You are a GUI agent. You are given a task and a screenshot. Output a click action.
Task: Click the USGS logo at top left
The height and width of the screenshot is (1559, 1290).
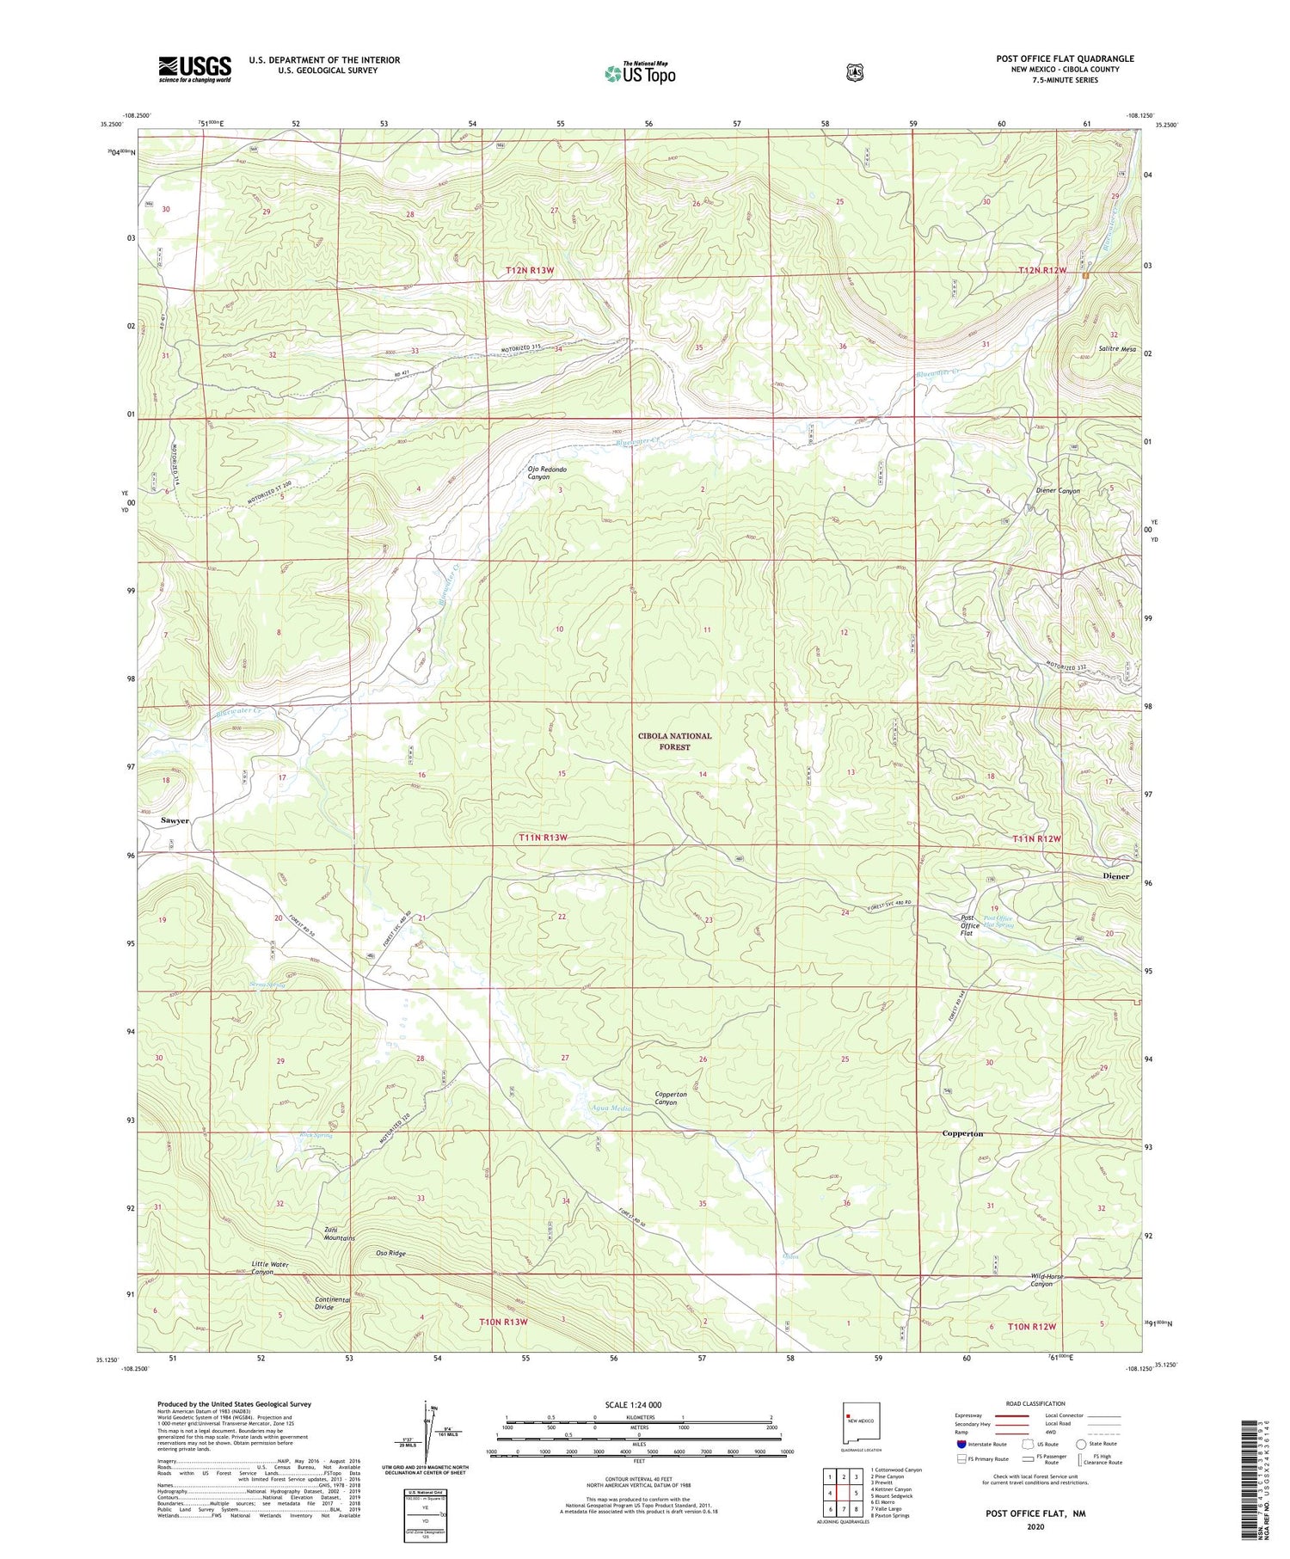pyautogui.click(x=194, y=69)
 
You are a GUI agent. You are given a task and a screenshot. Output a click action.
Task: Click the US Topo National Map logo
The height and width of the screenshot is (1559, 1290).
pyautogui.click(x=640, y=72)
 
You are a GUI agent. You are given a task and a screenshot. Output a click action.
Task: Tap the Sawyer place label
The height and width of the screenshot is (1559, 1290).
pyautogui.click(x=175, y=820)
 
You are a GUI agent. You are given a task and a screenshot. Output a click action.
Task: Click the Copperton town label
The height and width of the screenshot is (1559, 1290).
pyautogui.click(x=962, y=1133)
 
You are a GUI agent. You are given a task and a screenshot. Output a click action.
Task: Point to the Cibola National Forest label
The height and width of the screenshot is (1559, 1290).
pyautogui.click(x=674, y=741)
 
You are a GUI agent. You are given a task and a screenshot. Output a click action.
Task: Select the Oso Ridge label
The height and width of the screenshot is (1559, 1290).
pyautogui.click(x=390, y=1253)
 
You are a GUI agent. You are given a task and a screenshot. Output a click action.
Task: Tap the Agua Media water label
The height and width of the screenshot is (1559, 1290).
pyautogui.click(x=611, y=1108)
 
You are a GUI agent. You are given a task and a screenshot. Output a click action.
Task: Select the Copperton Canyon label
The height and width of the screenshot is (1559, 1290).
pyautogui.click(x=671, y=1098)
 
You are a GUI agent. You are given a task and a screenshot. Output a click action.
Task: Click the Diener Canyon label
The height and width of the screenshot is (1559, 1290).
pyautogui.click(x=1058, y=491)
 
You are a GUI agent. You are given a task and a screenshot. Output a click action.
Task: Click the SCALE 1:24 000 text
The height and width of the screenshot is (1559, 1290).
pyautogui.click(x=633, y=1405)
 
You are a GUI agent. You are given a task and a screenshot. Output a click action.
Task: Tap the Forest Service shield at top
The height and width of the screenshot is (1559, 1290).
pyautogui.click(x=854, y=73)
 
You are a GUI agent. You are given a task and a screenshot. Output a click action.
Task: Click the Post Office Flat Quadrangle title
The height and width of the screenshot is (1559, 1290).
pyautogui.click(x=1065, y=58)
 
